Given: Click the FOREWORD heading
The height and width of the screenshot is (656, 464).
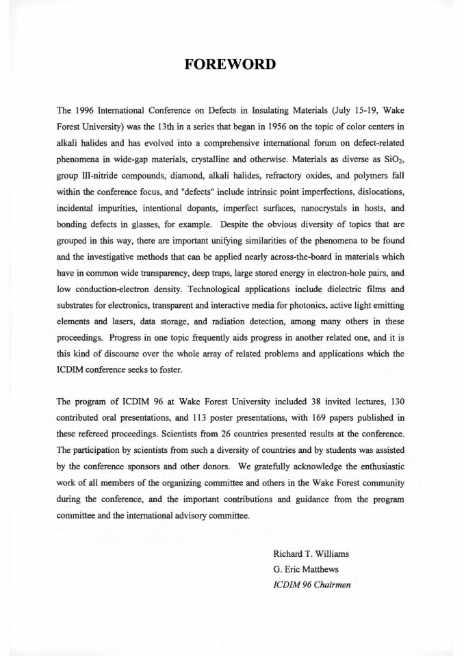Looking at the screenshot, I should tap(231, 64).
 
